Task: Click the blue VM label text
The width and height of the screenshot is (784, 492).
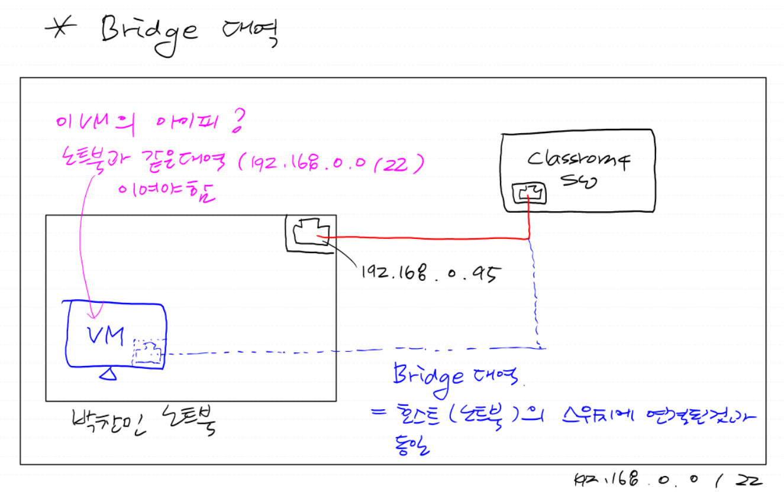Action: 105,335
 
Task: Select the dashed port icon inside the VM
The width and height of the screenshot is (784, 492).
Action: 147,354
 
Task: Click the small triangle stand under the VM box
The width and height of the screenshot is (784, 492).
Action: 108,374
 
